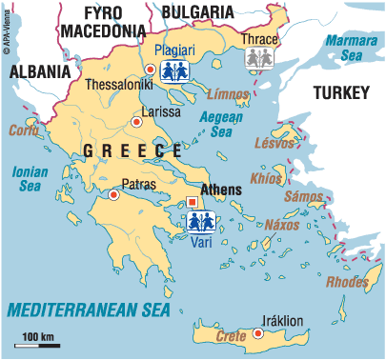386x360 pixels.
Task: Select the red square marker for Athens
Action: (x=193, y=201)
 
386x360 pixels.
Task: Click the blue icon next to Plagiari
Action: (x=173, y=71)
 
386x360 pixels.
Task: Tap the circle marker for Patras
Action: (x=113, y=195)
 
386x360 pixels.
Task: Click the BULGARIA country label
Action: (x=197, y=11)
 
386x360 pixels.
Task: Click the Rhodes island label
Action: (x=347, y=281)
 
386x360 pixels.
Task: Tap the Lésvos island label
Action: (x=274, y=142)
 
